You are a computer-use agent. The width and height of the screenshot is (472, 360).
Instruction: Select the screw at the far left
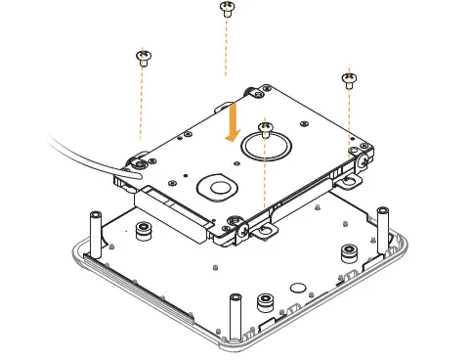144,56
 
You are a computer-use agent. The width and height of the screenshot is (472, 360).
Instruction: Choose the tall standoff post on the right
380,224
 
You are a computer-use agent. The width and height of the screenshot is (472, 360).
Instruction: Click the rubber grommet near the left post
144,231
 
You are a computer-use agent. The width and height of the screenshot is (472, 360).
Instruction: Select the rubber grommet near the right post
348,253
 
